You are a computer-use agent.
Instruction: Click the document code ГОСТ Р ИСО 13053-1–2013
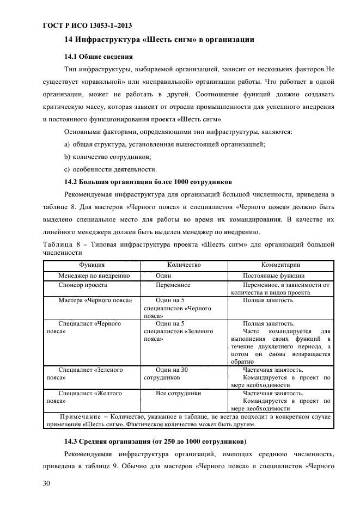pos(87,26)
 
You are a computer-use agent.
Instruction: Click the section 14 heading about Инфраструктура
pos(159,40)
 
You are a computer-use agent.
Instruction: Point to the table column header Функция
pos(92,265)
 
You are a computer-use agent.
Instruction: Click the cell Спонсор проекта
pos(82,285)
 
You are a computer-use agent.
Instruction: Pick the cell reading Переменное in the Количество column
pos(173,285)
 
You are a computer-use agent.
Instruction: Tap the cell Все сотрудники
pos(178,393)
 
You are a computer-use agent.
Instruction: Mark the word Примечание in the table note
pos(78,416)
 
